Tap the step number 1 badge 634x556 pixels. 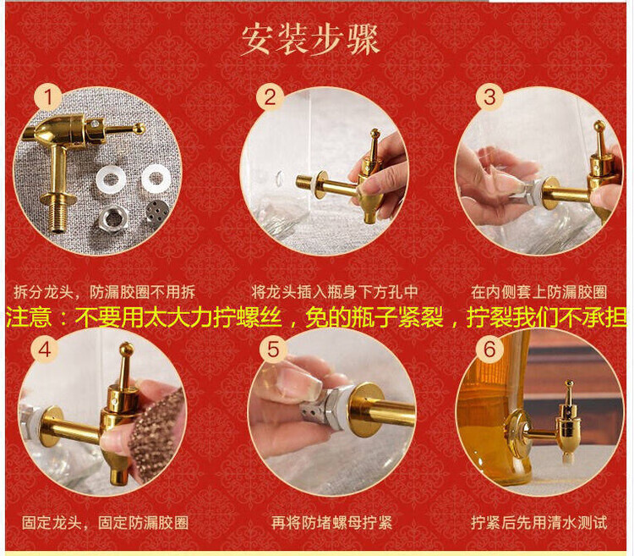[48, 97]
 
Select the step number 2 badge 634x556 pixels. [271, 97]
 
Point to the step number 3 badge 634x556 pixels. [489, 97]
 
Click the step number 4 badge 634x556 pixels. [45, 349]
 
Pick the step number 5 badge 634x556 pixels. [274, 349]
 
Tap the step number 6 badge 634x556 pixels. [489, 349]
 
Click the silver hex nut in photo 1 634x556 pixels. [112, 217]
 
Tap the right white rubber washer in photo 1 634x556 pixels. [156, 177]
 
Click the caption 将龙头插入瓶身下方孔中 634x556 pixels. [335, 291]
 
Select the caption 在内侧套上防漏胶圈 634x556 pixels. [539, 292]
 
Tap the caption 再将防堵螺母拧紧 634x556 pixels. [332, 522]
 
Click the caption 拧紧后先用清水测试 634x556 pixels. [539, 522]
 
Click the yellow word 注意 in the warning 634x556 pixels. [29, 317]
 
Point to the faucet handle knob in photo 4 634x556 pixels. [127, 349]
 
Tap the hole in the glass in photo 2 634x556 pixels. [280, 177]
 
